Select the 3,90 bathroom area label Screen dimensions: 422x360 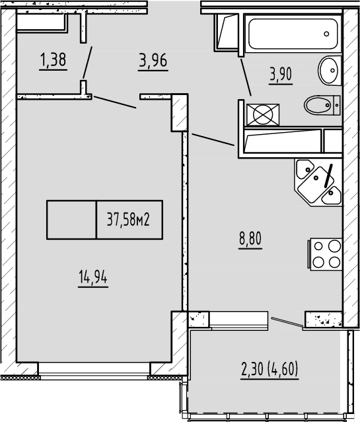280,74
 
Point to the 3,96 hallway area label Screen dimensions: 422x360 153,61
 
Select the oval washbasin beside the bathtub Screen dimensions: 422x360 328,69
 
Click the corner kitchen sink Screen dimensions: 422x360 318,181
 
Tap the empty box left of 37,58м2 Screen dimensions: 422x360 71,219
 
